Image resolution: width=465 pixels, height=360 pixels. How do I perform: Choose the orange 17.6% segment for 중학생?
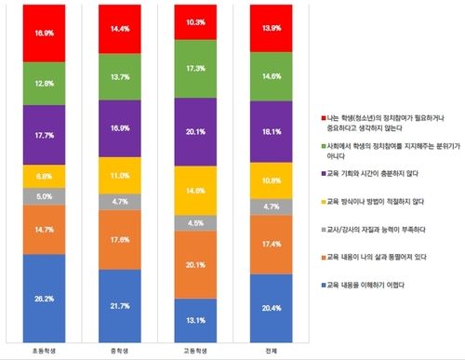(x=119, y=239)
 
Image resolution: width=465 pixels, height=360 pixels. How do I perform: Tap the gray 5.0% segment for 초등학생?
(x=45, y=196)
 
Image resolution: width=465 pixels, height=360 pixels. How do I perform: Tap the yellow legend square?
(x=316, y=200)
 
